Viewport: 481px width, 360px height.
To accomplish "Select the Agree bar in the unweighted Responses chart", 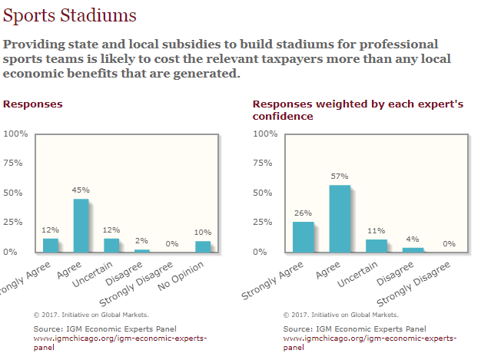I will (x=81, y=226).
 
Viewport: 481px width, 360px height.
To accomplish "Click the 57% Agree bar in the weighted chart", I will (x=340, y=219).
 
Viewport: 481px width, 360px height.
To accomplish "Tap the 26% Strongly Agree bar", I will (x=304, y=237).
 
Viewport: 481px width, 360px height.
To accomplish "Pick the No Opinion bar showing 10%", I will (x=203, y=246).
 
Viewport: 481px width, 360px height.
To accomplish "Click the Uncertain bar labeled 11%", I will (x=377, y=246).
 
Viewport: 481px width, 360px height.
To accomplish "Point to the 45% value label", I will (x=81, y=190).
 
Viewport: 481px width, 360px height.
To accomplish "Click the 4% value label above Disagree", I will (x=413, y=238).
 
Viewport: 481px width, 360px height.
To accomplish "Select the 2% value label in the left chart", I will (x=142, y=240).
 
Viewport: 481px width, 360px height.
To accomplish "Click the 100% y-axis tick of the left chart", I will (x=16, y=134).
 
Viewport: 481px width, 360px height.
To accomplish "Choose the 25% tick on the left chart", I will (x=17, y=223).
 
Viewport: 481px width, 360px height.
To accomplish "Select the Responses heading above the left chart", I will (x=33, y=104).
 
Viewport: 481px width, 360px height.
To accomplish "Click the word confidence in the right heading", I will (x=283, y=117).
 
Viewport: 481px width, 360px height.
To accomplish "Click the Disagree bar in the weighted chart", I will (x=413, y=249).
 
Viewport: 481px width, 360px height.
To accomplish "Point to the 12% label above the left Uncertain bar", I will (x=111, y=230).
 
